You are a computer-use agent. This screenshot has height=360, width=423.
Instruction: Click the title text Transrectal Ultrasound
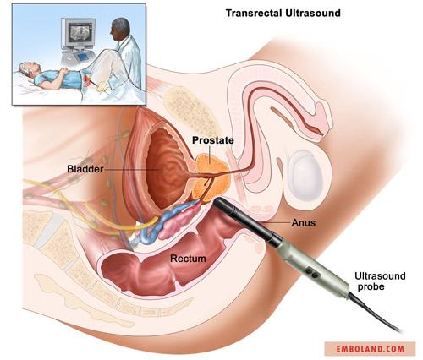click(283, 14)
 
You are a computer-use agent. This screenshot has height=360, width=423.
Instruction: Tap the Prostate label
click(213, 140)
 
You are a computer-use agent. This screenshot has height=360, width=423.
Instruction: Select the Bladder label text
click(85, 169)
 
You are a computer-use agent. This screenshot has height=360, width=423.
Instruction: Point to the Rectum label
click(188, 259)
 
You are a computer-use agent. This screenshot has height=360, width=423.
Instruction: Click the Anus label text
click(304, 223)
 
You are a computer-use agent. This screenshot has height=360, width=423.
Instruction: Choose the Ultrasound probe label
click(380, 281)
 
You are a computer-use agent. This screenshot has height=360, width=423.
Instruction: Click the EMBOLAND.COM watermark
click(370, 349)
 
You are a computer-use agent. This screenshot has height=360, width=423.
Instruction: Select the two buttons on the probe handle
click(312, 272)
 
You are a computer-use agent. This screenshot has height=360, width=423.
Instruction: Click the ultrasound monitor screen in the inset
click(80, 32)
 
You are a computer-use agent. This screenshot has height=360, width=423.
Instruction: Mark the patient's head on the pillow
click(29, 70)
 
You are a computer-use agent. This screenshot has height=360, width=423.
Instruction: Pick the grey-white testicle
click(306, 175)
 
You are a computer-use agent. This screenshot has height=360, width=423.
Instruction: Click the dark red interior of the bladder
click(165, 169)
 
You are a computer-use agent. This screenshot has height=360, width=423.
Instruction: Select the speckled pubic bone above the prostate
click(191, 112)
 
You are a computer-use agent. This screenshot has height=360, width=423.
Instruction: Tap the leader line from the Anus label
click(276, 222)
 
